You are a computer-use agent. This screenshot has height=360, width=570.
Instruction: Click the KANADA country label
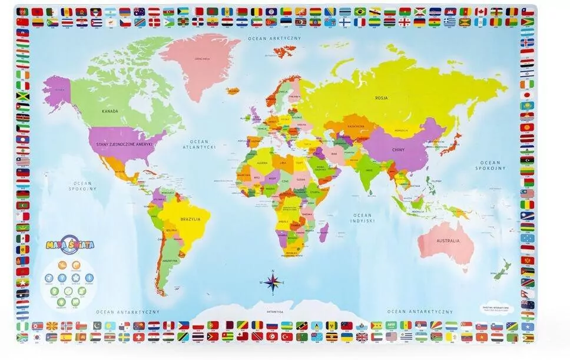tap(110, 111)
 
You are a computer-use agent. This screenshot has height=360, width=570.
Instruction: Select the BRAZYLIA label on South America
tap(191, 219)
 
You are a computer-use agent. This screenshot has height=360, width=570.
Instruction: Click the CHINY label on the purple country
tap(399, 150)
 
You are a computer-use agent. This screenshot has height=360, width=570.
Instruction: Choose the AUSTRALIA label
tap(448, 241)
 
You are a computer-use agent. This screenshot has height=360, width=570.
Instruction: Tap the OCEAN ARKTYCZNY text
tap(274, 38)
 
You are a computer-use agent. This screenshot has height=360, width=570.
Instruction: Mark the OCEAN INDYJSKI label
tap(363, 219)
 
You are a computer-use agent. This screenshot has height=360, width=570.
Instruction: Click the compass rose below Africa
tap(272, 282)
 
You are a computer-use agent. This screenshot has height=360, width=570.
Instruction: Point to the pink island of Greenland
tap(200, 59)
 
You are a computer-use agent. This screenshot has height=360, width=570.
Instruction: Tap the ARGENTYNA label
tap(170, 260)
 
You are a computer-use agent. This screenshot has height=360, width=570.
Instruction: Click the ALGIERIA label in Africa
tap(261, 162)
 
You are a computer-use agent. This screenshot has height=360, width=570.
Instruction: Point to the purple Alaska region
tap(57, 91)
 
